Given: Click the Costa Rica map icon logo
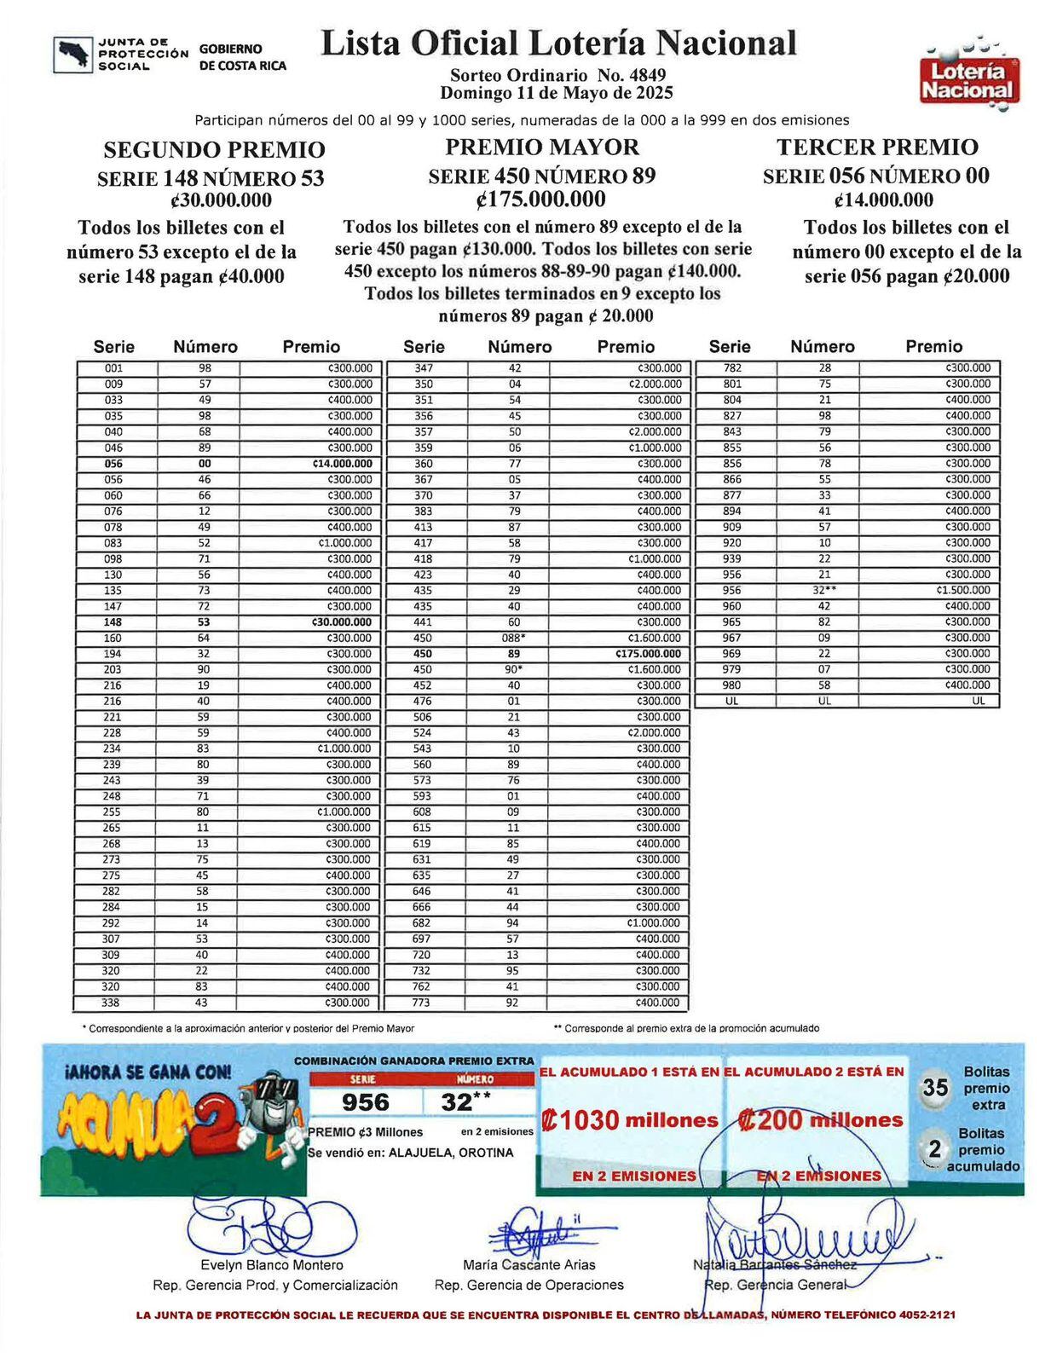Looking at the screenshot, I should click(x=72, y=54).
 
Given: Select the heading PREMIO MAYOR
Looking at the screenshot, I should click(x=542, y=147).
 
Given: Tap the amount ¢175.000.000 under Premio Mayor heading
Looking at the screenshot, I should click(x=541, y=199).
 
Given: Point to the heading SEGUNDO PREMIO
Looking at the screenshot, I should click(x=214, y=150).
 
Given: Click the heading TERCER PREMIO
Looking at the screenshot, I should click(x=877, y=147).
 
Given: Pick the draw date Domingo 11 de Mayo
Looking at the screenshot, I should click(x=557, y=93).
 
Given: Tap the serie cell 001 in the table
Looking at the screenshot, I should click(x=114, y=368).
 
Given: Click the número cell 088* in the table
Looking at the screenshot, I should click(x=513, y=638).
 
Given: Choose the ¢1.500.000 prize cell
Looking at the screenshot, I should click(x=963, y=590).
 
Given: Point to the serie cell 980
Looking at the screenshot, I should click(x=731, y=685).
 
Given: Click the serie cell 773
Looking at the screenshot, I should click(x=423, y=1003).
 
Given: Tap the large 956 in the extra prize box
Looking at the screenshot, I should click(x=366, y=1102).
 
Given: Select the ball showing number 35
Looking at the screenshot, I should click(x=935, y=1089).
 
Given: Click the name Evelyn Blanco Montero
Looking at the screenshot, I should click(x=272, y=1265).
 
